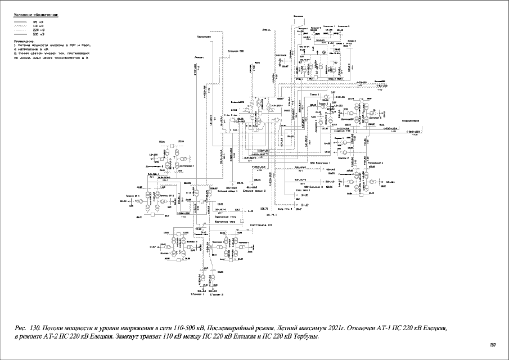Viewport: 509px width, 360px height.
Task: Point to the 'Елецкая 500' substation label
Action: (x=236, y=51)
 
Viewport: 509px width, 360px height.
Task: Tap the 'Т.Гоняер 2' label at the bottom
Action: (x=217, y=294)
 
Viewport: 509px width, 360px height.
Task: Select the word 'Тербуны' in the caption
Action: (x=304, y=336)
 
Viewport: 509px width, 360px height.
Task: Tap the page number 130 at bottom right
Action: (x=493, y=344)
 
